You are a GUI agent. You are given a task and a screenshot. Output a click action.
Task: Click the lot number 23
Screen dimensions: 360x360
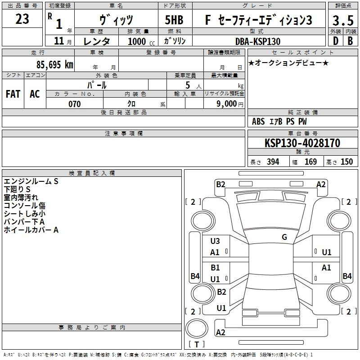pyautogui.click(x=22, y=19)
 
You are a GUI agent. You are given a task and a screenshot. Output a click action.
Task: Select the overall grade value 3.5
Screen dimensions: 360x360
pyautogui.click(x=343, y=20)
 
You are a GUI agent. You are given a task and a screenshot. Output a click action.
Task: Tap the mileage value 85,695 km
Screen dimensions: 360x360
pyautogui.click(x=54, y=64)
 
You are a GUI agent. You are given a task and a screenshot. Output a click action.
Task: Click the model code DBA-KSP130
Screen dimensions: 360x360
pyautogui.click(x=258, y=41)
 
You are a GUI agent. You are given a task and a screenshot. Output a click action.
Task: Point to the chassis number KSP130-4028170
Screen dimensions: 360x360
pyautogui.click(x=302, y=143)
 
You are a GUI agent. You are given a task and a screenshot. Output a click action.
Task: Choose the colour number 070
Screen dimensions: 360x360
pyautogui.click(x=75, y=104)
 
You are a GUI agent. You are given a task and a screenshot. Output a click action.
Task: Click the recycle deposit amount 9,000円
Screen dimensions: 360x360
pyautogui.click(x=230, y=104)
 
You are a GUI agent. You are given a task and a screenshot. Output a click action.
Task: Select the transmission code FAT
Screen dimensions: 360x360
pyautogui.click(x=13, y=94)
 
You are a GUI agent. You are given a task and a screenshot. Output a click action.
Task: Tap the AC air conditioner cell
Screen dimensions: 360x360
pyautogui.click(x=35, y=94)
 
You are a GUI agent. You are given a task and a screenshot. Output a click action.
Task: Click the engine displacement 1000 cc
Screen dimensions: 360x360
pyautogui.click(x=141, y=41)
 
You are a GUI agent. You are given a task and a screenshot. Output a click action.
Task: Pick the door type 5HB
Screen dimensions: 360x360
pyautogui.click(x=174, y=20)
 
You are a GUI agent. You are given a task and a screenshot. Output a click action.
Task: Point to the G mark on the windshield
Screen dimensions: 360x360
pyautogui.click(x=284, y=237)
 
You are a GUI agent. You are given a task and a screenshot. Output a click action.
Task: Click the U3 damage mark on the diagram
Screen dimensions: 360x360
pyautogui.click(x=215, y=241)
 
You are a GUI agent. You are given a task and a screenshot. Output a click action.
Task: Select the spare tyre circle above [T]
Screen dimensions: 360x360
pyautogui.click(x=197, y=328)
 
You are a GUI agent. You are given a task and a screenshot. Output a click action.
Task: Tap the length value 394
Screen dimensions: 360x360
pyautogui.click(x=273, y=162)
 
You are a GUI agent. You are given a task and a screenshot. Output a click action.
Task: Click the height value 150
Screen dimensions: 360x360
pyautogui.click(x=346, y=162)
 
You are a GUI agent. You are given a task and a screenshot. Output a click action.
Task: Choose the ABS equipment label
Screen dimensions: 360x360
pyautogui.click(x=258, y=121)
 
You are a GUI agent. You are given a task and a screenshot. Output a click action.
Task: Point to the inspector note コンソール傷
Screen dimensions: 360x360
pyautogui.click(x=25, y=206)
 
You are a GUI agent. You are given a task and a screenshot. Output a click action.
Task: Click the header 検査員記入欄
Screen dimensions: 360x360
pyautogui.click(x=92, y=173)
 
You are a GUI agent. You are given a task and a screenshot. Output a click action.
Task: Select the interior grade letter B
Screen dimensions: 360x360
pyautogui.click(x=350, y=41)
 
